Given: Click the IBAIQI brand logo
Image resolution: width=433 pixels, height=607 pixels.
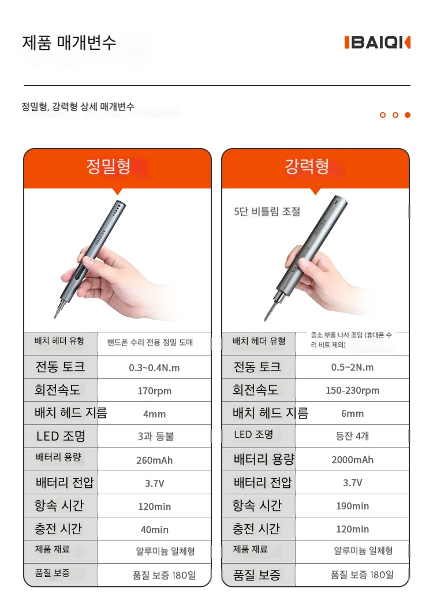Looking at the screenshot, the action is pyautogui.click(x=378, y=43).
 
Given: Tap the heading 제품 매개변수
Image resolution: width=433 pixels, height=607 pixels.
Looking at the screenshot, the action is pyautogui.click(x=69, y=42).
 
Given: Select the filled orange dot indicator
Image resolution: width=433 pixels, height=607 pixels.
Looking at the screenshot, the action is pyautogui.click(x=408, y=115).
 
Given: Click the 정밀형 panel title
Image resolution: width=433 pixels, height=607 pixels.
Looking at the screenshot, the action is pyautogui.click(x=109, y=166).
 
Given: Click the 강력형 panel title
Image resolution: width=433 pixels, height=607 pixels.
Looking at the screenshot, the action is pyautogui.click(x=307, y=166).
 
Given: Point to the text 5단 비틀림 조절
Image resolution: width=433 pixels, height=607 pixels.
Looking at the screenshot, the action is pyautogui.click(x=267, y=212).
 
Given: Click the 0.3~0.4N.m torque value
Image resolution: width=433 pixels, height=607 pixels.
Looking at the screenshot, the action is pyautogui.click(x=154, y=368).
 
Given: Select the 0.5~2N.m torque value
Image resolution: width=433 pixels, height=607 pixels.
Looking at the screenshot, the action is pyautogui.click(x=352, y=367).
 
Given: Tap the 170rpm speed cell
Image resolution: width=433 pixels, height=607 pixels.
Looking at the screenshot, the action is pyautogui.click(x=154, y=391).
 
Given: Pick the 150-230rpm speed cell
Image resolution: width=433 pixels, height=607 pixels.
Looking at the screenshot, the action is pyautogui.click(x=352, y=391).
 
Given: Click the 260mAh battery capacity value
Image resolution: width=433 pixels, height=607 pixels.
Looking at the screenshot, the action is pyautogui.click(x=154, y=460).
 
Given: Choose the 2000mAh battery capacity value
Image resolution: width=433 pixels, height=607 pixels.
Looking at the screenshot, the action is pyautogui.click(x=352, y=460).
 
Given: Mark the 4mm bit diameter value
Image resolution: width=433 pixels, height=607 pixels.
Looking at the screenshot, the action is pyautogui.click(x=154, y=414).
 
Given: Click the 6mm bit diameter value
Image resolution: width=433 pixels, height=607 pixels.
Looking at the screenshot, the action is pyautogui.click(x=352, y=414).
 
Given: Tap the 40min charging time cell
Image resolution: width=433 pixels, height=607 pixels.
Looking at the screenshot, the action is pyautogui.click(x=154, y=530).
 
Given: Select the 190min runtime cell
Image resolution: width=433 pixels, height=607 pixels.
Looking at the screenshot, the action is pyautogui.click(x=352, y=506).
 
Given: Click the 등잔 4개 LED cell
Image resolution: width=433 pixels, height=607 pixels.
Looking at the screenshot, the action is pyautogui.click(x=352, y=436).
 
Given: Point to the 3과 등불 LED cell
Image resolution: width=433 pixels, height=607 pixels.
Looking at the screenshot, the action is pyautogui.click(x=156, y=436).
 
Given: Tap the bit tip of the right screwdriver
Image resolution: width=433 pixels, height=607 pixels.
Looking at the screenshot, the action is pyautogui.click(x=266, y=319).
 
